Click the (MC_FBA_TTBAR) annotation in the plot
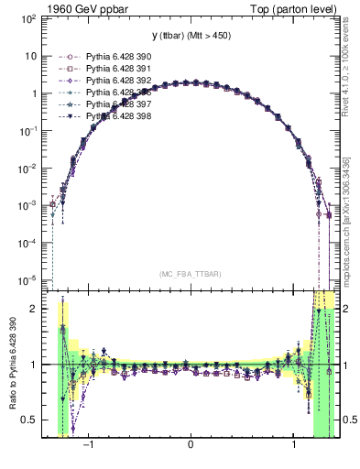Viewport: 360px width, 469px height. tap(190, 274)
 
